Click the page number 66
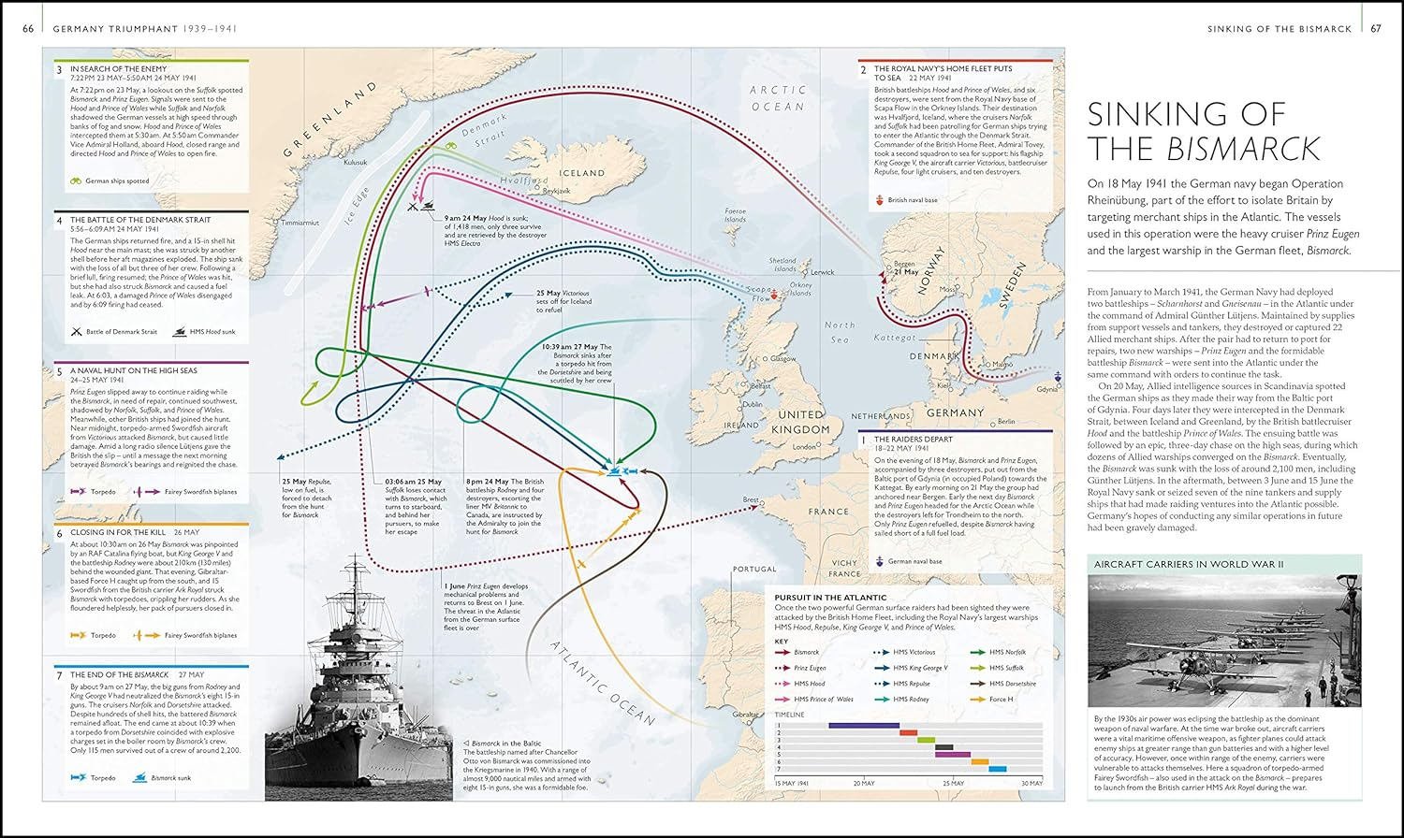tap(28, 29)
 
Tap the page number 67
tap(1375, 29)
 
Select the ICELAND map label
tap(582, 173)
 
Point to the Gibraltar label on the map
tap(745, 714)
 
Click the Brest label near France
tap(751, 500)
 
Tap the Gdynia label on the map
tap(1048, 390)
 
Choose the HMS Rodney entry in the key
tap(911, 699)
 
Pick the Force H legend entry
tap(1001, 699)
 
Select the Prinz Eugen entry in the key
tap(810, 668)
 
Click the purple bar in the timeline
tap(863, 725)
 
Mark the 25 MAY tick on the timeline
tap(953, 783)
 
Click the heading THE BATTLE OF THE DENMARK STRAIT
tap(140, 220)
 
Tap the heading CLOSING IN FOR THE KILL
tap(118, 532)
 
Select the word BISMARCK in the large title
tap(1243, 149)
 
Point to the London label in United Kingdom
tap(804, 447)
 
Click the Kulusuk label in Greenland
tap(356, 162)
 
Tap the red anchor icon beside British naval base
tap(879, 200)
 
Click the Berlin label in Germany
tap(1006, 422)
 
